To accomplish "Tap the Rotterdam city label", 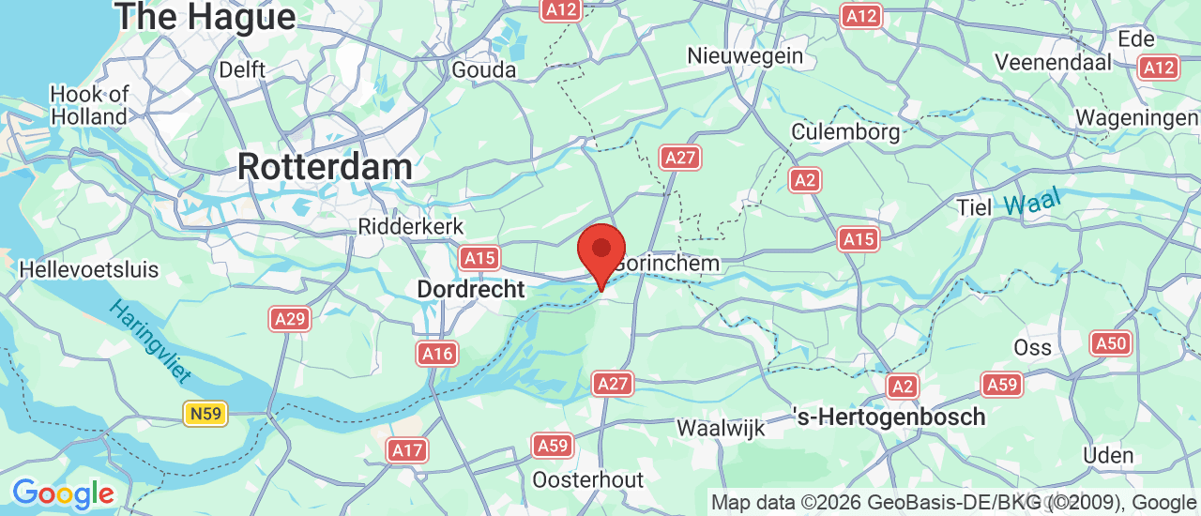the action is pyautogui.click(x=325, y=167).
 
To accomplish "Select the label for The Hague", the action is pyautogui.click(x=205, y=16).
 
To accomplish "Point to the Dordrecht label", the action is pyautogui.click(x=471, y=289).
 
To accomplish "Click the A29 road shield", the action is pyautogui.click(x=290, y=320).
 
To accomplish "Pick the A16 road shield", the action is pyautogui.click(x=437, y=354).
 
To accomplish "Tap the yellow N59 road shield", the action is pyautogui.click(x=205, y=413).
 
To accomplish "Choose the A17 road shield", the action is pyautogui.click(x=407, y=450).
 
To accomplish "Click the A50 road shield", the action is pyautogui.click(x=1110, y=343).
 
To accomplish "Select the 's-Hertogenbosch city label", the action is pyautogui.click(x=889, y=417).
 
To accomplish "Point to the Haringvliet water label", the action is pyautogui.click(x=150, y=341).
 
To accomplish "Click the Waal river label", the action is pyautogui.click(x=1030, y=201).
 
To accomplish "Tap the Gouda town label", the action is pyautogui.click(x=484, y=69).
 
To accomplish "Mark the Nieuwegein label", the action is pyautogui.click(x=745, y=55).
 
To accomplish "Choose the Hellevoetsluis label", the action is pyautogui.click(x=89, y=270).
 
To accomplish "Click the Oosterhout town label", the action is pyautogui.click(x=587, y=479).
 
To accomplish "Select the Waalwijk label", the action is pyautogui.click(x=721, y=429).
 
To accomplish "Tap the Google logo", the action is pyautogui.click(x=63, y=493).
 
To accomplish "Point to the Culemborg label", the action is pyautogui.click(x=845, y=131).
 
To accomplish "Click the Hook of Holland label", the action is pyautogui.click(x=89, y=105).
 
